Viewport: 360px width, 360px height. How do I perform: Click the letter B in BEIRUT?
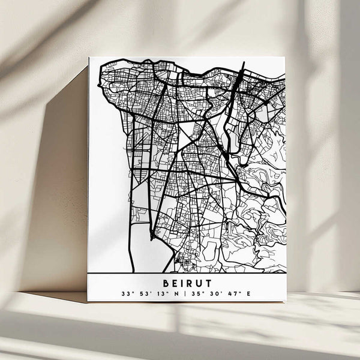pos(165,281)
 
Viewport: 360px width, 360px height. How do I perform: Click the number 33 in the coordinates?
pos(125,294)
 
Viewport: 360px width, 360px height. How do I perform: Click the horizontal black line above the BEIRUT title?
pos(187,273)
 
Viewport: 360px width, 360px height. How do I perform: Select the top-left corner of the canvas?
pos(89,58)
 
